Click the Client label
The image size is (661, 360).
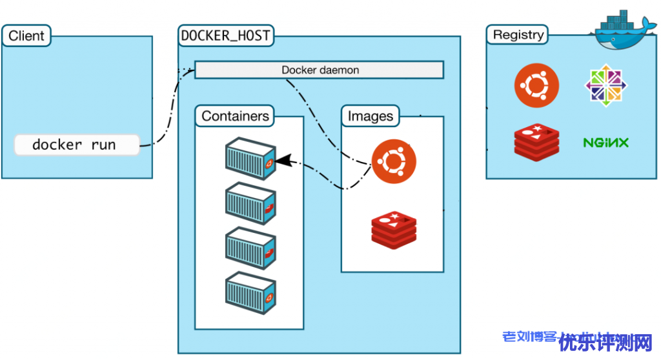[x=26, y=35]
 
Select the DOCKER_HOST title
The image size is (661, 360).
[x=226, y=35]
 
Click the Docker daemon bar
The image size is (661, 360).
[x=320, y=70]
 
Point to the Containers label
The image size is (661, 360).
[x=235, y=116]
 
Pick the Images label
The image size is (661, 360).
[x=370, y=116]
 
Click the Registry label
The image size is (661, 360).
[x=518, y=35]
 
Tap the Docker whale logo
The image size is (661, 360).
[x=620, y=31]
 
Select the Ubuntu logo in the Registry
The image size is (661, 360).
[x=536, y=85]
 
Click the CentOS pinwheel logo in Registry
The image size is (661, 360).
[x=606, y=85]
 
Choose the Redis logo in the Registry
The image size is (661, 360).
[x=536, y=141]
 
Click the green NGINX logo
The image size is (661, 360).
[x=605, y=143]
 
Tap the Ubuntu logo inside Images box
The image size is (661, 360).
[x=394, y=162]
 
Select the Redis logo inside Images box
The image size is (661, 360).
[x=394, y=228]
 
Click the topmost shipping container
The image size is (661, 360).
[x=251, y=158]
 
